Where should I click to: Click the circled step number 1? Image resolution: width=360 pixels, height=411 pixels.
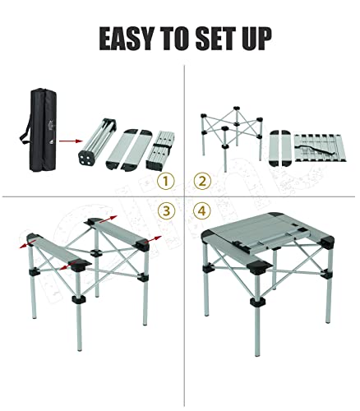click(x=167, y=181)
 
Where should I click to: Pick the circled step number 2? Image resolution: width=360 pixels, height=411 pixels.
click(x=200, y=181)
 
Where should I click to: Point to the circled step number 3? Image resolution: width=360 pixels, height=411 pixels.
click(x=167, y=212)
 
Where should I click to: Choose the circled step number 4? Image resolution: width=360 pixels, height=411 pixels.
click(x=200, y=212)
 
